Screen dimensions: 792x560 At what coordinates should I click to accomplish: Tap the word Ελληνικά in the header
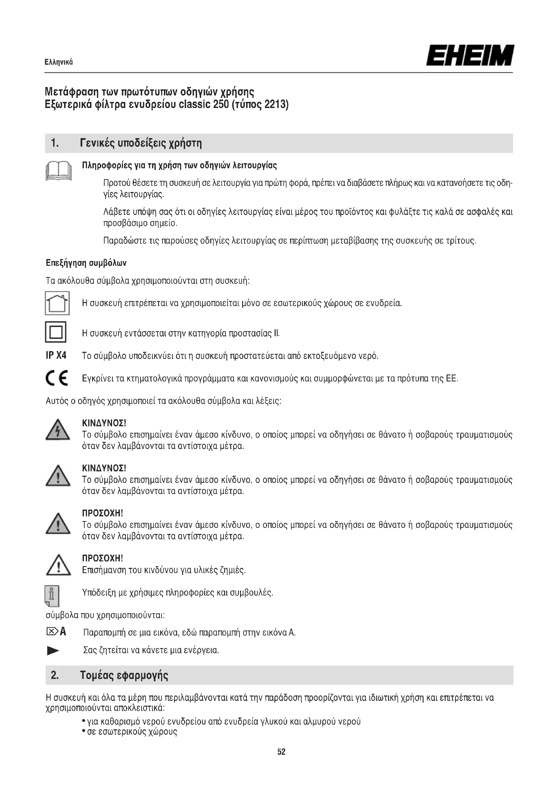[x=59, y=62]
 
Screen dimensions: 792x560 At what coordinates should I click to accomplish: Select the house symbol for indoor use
[x=57, y=303]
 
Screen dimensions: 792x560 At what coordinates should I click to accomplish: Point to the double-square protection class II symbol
[x=56, y=332]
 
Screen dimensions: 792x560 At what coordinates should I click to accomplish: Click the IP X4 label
[x=56, y=355]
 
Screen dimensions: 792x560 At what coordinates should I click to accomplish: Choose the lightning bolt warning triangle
[x=58, y=430]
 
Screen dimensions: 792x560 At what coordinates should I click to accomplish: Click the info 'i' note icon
[x=52, y=596]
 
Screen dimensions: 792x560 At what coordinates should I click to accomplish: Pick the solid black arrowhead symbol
[x=53, y=651]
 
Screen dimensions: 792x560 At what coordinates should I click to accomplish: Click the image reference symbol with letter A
[x=56, y=632]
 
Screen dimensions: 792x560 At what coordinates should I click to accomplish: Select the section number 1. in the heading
[x=55, y=143]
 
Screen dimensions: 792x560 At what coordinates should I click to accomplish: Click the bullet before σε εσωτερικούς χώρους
[x=84, y=731]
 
